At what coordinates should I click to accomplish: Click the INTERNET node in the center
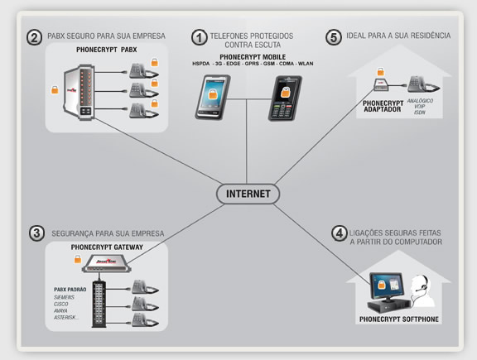pos(248,193)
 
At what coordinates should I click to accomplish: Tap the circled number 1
pos(199,36)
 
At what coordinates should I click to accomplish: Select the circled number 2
pos(34,36)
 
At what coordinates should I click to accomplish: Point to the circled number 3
pos(36,233)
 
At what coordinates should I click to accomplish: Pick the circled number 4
pos(338,234)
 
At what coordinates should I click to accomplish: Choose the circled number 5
pos(333,36)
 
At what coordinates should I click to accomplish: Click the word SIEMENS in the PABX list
pos(68,295)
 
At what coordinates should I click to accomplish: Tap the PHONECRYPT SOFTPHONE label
pos(398,319)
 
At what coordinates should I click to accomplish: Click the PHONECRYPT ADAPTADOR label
pos(383,107)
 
